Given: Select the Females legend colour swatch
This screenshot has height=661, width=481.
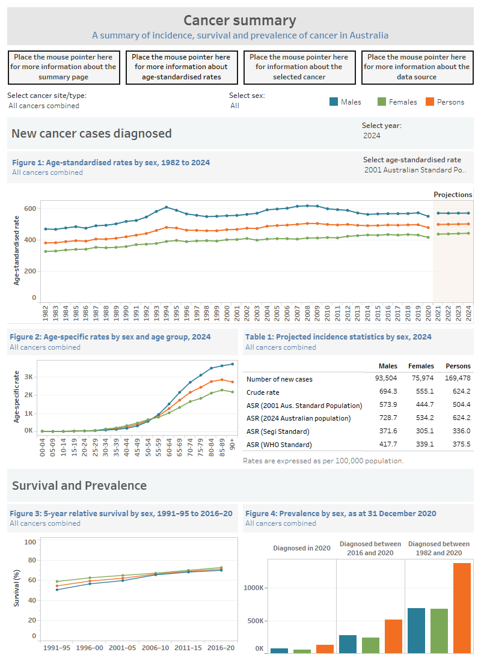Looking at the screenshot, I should [381, 102].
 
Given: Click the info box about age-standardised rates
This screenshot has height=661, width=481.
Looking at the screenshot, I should [182, 67].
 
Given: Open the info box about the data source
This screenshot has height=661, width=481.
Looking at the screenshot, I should [417, 67].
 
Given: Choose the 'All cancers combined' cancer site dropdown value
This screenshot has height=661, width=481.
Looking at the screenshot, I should [44, 106].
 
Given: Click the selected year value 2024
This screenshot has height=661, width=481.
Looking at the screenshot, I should [372, 136].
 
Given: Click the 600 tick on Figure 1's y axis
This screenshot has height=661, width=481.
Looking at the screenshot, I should [30, 209].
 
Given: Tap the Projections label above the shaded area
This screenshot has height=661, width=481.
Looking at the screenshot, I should [453, 195].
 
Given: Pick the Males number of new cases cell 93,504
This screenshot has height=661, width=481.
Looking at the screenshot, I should [385, 379].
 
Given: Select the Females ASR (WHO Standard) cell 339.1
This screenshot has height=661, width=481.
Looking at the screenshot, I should [423, 445].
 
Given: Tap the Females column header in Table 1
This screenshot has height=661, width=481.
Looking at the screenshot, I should [421, 366].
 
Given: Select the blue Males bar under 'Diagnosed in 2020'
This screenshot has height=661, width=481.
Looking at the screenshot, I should [279, 650].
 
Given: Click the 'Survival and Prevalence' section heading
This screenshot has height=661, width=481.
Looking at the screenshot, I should [79, 486].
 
